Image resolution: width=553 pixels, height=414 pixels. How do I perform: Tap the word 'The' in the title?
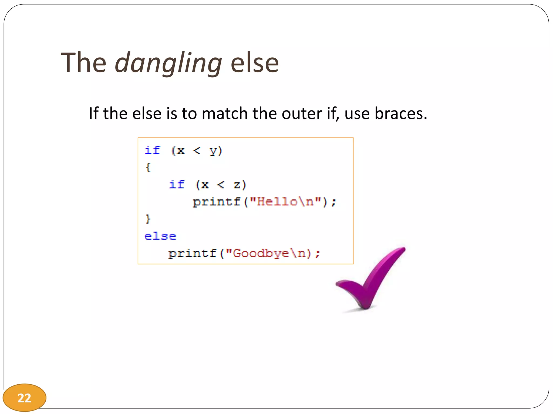point(84,63)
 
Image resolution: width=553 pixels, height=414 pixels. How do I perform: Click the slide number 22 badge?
point(24,398)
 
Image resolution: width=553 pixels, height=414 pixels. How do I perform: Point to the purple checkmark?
point(373,280)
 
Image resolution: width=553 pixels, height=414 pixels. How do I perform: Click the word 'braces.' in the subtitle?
point(401,113)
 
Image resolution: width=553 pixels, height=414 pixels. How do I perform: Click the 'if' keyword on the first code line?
point(153,150)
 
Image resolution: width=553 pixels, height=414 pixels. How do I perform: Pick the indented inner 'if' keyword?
point(177,185)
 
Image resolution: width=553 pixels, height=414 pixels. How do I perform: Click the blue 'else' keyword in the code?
point(160,236)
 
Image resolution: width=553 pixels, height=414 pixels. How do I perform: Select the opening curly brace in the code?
point(148,167)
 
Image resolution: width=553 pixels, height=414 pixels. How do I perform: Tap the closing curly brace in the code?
point(148,219)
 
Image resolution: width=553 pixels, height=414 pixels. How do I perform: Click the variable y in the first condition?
point(213,151)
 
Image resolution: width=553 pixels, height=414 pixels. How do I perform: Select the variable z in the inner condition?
point(237,185)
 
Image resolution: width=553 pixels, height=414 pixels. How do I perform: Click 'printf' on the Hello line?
point(217,202)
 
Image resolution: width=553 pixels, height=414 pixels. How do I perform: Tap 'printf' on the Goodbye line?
point(192,253)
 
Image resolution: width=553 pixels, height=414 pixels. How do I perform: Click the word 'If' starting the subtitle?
point(93,113)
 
